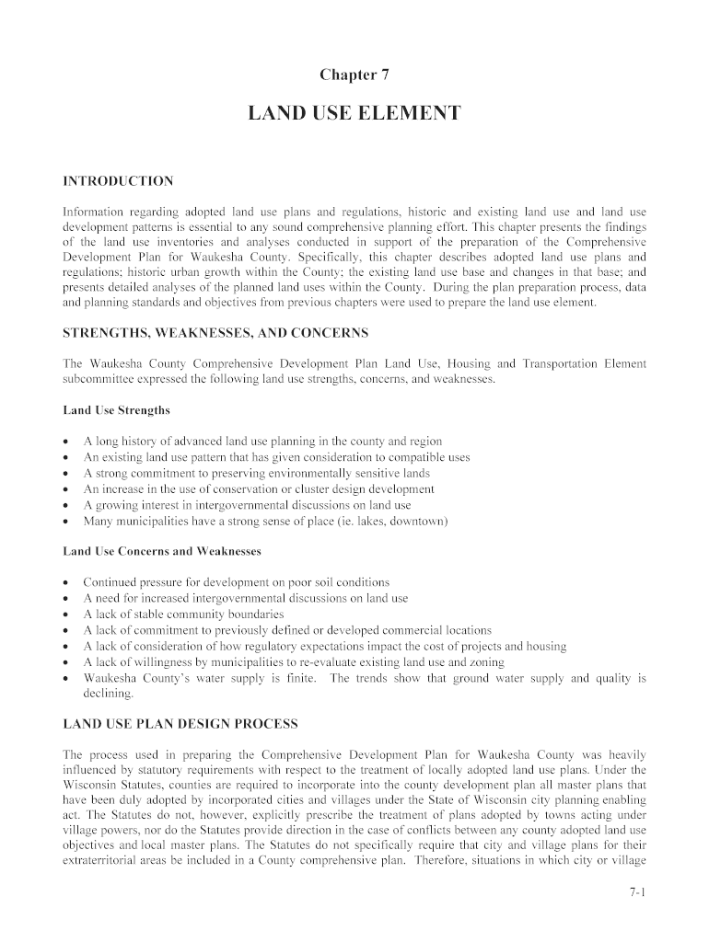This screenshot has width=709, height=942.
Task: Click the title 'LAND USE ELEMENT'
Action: point(354,114)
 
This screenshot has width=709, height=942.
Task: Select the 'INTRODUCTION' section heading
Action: point(117,180)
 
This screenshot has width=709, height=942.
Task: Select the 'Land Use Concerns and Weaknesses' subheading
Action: point(161,551)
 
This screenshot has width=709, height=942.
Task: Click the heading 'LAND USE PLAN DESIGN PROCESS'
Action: point(180,724)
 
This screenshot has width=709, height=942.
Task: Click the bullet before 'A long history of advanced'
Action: point(66,442)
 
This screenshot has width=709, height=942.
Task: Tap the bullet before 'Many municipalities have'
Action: point(66,522)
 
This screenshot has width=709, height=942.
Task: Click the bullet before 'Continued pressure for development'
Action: point(66,583)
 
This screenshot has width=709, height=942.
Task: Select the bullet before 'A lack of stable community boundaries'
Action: point(66,615)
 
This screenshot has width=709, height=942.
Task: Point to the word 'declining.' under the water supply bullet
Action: point(109,694)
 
